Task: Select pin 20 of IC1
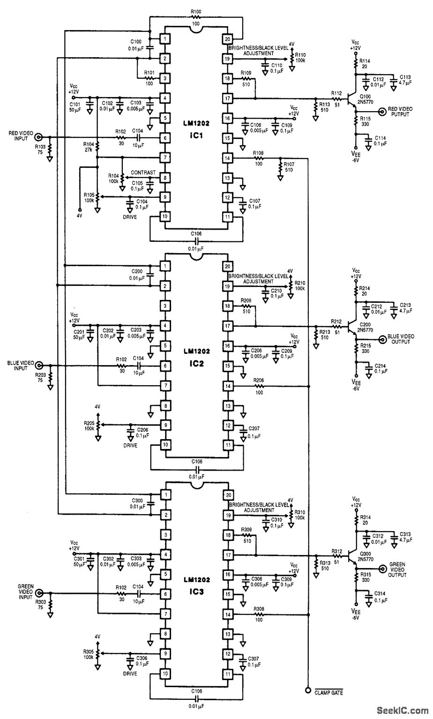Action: click(x=228, y=39)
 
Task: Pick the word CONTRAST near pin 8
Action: click(x=143, y=172)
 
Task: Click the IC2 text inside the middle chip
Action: click(x=196, y=363)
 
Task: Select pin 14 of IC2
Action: click(x=228, y=386)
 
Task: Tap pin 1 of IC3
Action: click(x=165, y=495)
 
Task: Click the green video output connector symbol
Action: click(x=382, y=567)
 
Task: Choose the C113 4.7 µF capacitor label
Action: click(x=405, y=79)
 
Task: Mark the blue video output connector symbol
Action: click(x=382, y=339)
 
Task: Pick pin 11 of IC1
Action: click(x=228, y=217)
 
